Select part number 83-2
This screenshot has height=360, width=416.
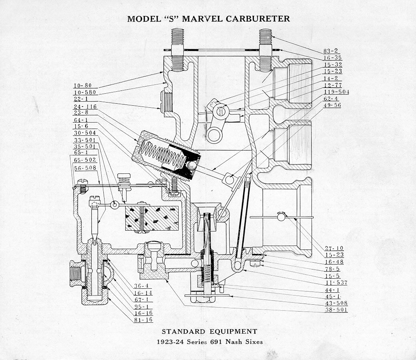331,51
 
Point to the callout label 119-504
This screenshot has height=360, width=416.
336,92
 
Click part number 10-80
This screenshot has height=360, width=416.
82,85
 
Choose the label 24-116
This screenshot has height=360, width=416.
85,107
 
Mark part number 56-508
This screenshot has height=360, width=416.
85,168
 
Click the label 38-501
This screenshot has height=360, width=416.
336,310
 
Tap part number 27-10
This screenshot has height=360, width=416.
334,248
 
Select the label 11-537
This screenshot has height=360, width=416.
336,282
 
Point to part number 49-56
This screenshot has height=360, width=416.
332,105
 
